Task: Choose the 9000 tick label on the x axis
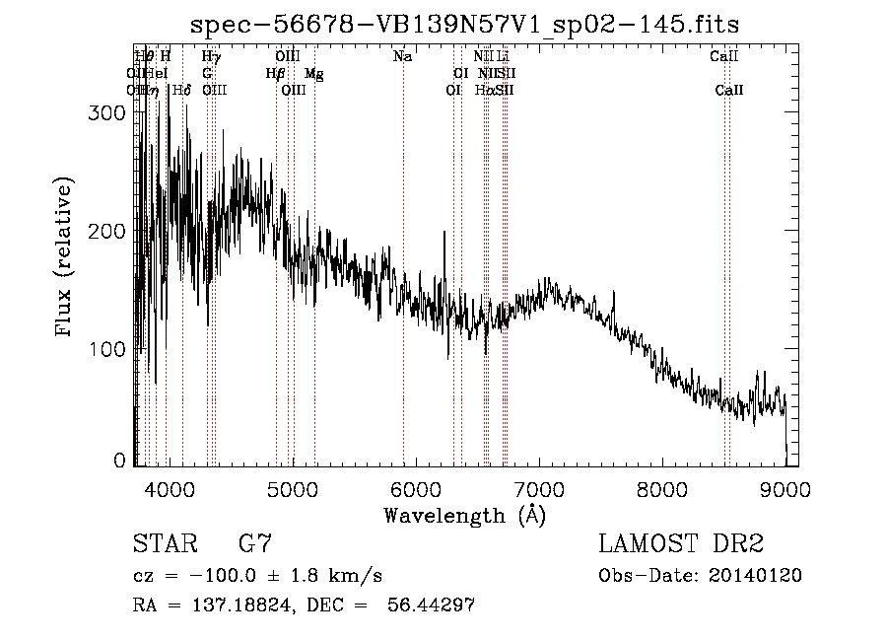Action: (785, 488)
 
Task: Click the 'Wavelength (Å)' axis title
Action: (464, 515)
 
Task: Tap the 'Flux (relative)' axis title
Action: (65, 258)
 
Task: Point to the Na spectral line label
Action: (402, 56)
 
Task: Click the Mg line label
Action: (313, 73)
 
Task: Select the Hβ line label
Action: (276, 73)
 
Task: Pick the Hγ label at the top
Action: (211, 56)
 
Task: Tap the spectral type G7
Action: (254, 543)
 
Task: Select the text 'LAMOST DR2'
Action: (681, 543)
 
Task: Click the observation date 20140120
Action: (764, 575)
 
